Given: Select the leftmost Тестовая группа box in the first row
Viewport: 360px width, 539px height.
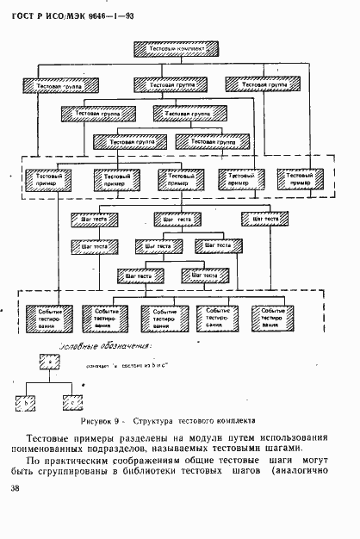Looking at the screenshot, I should pyautogui.click(x=54, y=85).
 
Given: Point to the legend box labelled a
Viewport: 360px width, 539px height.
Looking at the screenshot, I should pyautogui.click(x=47, y=362).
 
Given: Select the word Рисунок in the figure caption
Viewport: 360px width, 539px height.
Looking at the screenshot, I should pyautogui.click(x=99, y=422).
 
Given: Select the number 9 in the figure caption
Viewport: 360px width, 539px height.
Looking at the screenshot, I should pyautogui.click(x=126, y=422).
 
